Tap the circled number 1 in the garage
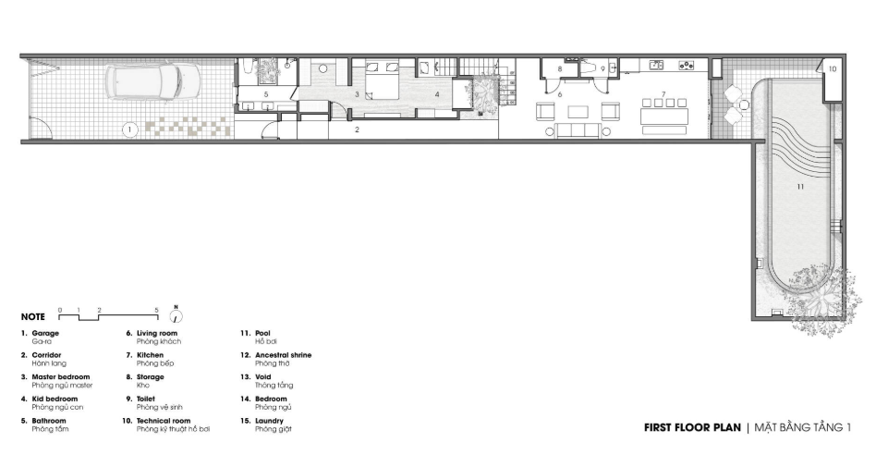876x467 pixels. [129, 130]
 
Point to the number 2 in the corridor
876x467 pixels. [357, 129]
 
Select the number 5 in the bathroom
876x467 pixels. [266, 94]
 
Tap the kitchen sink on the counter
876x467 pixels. [656, 66]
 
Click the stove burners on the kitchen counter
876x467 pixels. [686, 66]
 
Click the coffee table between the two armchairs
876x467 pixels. [578, 111]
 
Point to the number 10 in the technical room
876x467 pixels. [833, 68]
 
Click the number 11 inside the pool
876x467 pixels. [800, 186]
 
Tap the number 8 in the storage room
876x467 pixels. [560, 68]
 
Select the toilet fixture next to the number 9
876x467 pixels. [589, 68]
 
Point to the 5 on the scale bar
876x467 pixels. [157, 311]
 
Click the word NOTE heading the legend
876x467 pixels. [33, 317]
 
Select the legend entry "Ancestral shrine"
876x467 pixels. [284, 355]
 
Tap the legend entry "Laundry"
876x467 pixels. [269, 421]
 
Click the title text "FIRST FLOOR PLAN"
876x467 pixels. [692, 428]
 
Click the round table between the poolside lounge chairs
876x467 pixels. [744, 104]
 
